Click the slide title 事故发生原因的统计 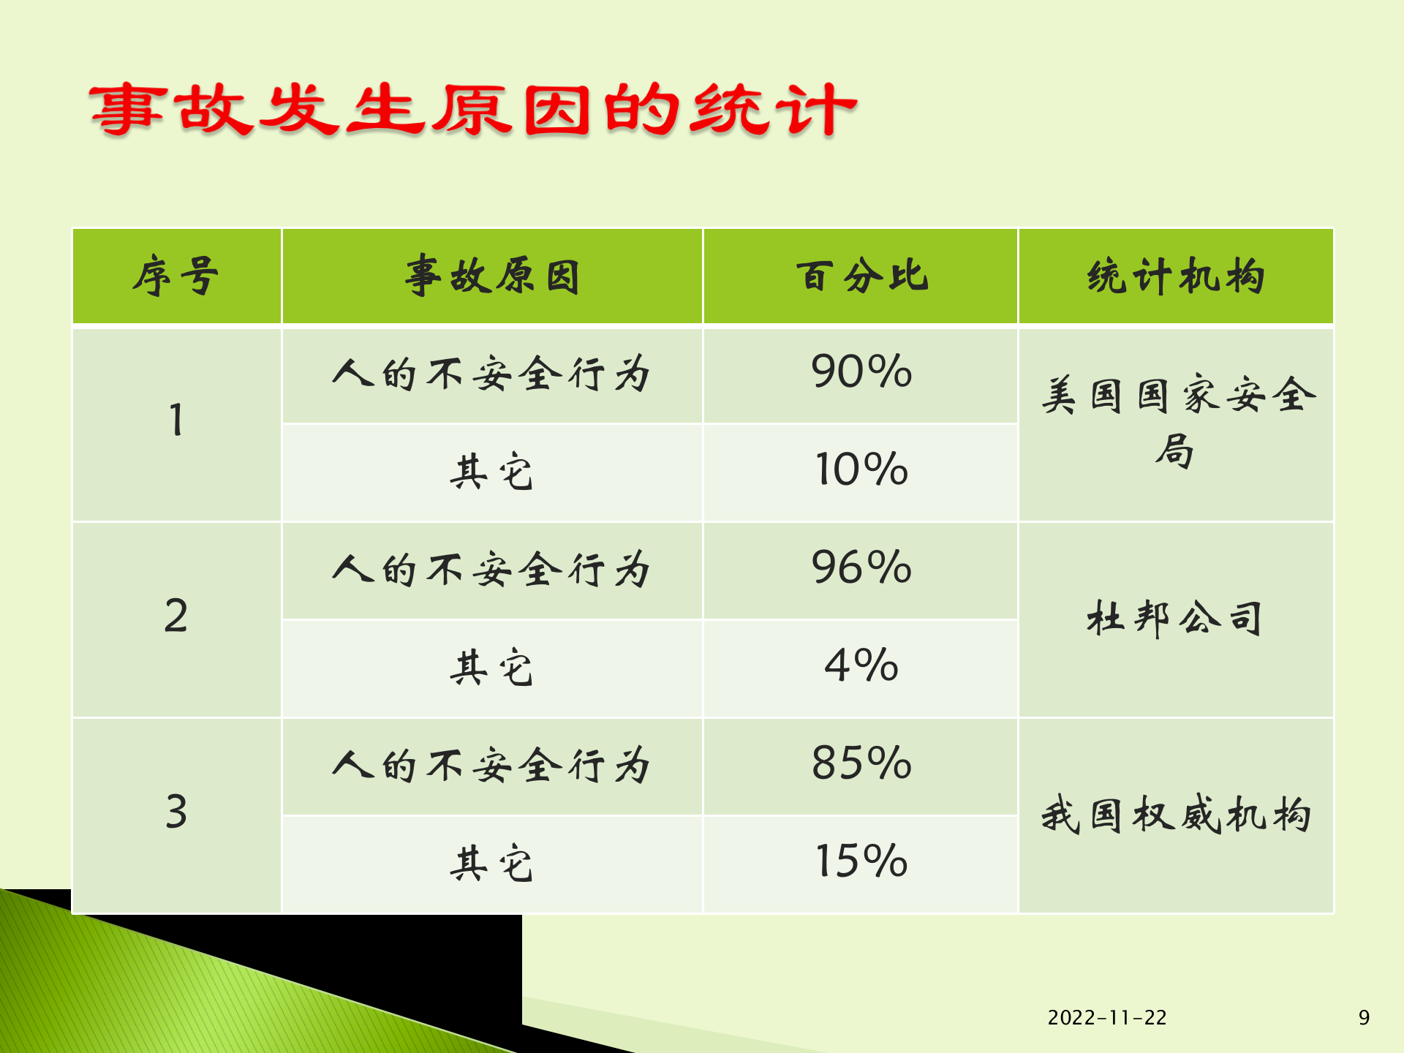[473, 110]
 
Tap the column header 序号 [176, 276]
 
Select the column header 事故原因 [492, 276]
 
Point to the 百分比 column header [861, 276]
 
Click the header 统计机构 [1176, 276]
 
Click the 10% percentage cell [861, 469]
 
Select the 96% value [861, 567]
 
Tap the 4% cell [861, 665]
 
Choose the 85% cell [861, 763]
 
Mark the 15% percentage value [861, 861]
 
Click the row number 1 [176, 420]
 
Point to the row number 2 [176, 616]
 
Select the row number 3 [176, 812]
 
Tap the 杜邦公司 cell [1176, 619]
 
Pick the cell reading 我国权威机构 [1176, 815]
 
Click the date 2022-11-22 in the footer [1107, 1018]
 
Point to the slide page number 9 [1364, 1018]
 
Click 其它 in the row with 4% [492, 667]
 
